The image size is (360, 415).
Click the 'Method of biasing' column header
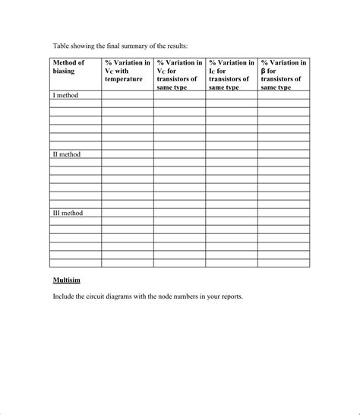[x=68, y=67]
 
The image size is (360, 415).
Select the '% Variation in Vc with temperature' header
[x=127, y=71]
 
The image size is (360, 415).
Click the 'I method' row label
[x=66, y=96]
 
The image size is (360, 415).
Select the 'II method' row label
[x=67, y=154]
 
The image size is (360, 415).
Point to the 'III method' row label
[x=68, y=214]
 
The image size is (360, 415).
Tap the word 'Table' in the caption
[x=62, y=46]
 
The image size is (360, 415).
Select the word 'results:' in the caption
[x=187, y=46]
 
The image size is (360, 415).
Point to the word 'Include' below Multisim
[x=65, y=296]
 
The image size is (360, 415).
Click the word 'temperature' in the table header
[x=124, y=79]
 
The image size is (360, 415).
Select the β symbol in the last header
[x=264, y=71]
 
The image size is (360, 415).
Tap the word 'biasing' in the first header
[x=63, y=71]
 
